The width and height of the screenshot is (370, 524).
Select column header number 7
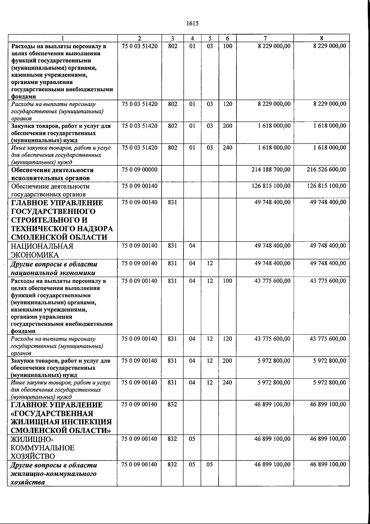coord(265,39)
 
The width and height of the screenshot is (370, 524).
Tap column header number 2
coord(139,39)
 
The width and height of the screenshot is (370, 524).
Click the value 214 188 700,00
coord(270,170)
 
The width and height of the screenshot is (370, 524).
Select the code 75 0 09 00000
coord(139,170)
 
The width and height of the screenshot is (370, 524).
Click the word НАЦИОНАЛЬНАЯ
coord(42,246)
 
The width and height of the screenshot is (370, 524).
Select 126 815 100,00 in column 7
coord(270,186)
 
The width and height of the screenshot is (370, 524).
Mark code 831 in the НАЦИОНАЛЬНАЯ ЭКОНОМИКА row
coord(172,246)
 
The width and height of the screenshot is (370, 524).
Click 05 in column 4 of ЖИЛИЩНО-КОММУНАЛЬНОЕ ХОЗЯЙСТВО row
coord(192,439)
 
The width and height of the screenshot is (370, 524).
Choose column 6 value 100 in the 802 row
coord(227,46)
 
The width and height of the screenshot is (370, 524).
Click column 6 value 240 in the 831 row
coord(227,383)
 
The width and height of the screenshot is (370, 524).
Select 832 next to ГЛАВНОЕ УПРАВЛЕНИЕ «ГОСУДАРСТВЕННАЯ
coord(172,404)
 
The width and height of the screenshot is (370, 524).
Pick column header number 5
coord(210,39)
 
